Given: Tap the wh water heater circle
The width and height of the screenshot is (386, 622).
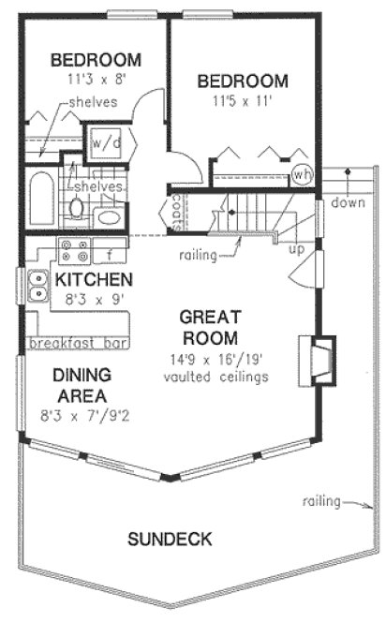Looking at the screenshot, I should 302,174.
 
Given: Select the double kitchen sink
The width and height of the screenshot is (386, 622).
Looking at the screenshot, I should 38,285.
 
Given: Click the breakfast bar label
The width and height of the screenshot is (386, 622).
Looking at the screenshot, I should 78,344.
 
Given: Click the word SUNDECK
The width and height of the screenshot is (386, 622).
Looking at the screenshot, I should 170,540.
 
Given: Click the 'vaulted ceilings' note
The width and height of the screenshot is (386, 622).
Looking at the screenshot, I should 215,377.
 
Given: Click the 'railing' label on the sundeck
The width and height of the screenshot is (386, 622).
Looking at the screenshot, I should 321,502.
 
